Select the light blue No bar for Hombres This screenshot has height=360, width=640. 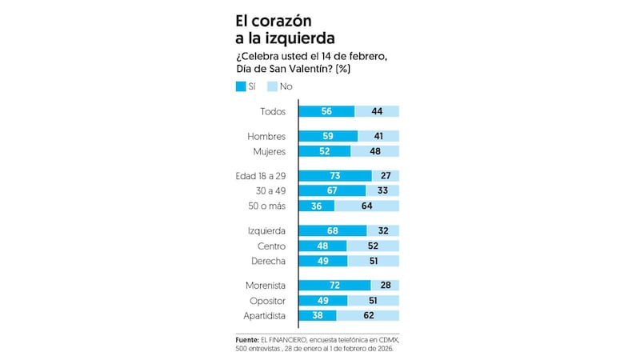tap(378, 136)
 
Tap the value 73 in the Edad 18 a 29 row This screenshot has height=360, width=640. tap(334, 175)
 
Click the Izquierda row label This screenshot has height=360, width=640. tap(267, 230)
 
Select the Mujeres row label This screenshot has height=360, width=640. tap(269, 151)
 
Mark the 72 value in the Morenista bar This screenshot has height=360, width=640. tap(334, 286)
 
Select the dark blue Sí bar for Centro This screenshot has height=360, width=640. tap(322, 246)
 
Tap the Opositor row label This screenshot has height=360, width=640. tap(268, 301)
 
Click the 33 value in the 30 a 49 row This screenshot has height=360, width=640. tap(382, 191)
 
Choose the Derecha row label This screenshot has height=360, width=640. tap(268, 262)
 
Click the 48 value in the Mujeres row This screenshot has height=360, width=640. tap(374, 151)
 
